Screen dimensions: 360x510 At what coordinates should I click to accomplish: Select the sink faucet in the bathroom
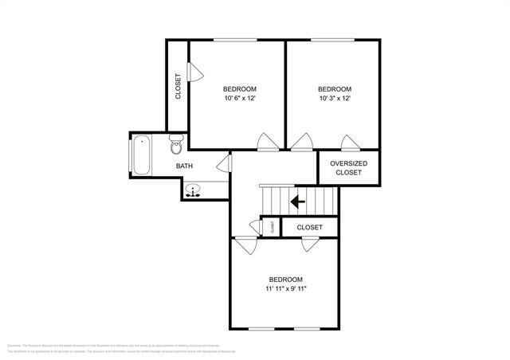(x=194, y=191)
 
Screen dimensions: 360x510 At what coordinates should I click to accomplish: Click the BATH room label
(x=184, y=166)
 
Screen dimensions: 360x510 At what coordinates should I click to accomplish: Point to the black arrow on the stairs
(x=298, y=202)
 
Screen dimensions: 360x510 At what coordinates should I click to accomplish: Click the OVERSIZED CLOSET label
(x=348, y=167)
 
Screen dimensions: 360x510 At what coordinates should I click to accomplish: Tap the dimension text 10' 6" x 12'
(x=238, y=99)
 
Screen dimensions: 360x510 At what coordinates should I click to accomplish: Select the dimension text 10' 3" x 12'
(x=334, y=99)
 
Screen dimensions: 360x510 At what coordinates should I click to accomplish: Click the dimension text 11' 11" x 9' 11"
(x=285, y=289)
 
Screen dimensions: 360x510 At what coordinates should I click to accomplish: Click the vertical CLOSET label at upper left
(x=178, y=87)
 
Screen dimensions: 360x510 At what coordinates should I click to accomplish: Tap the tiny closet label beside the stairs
(x=272, y=227)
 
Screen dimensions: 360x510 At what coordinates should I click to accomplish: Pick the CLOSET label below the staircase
(x=310, y=228)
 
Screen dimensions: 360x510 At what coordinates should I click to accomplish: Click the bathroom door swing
(x=225, y=165)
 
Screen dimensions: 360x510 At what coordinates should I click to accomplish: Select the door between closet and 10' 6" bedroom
(x=195, y=72)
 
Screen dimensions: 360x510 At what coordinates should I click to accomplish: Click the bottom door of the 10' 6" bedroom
(x=266, y=143)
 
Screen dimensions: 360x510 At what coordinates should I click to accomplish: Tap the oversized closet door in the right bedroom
(x=349, y=143)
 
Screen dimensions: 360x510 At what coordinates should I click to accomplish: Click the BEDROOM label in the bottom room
(x=285, y=279)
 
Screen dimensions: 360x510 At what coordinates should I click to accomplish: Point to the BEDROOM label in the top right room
(x=334, y=88)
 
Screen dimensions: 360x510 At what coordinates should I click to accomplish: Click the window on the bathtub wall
(x=131, y=157)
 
